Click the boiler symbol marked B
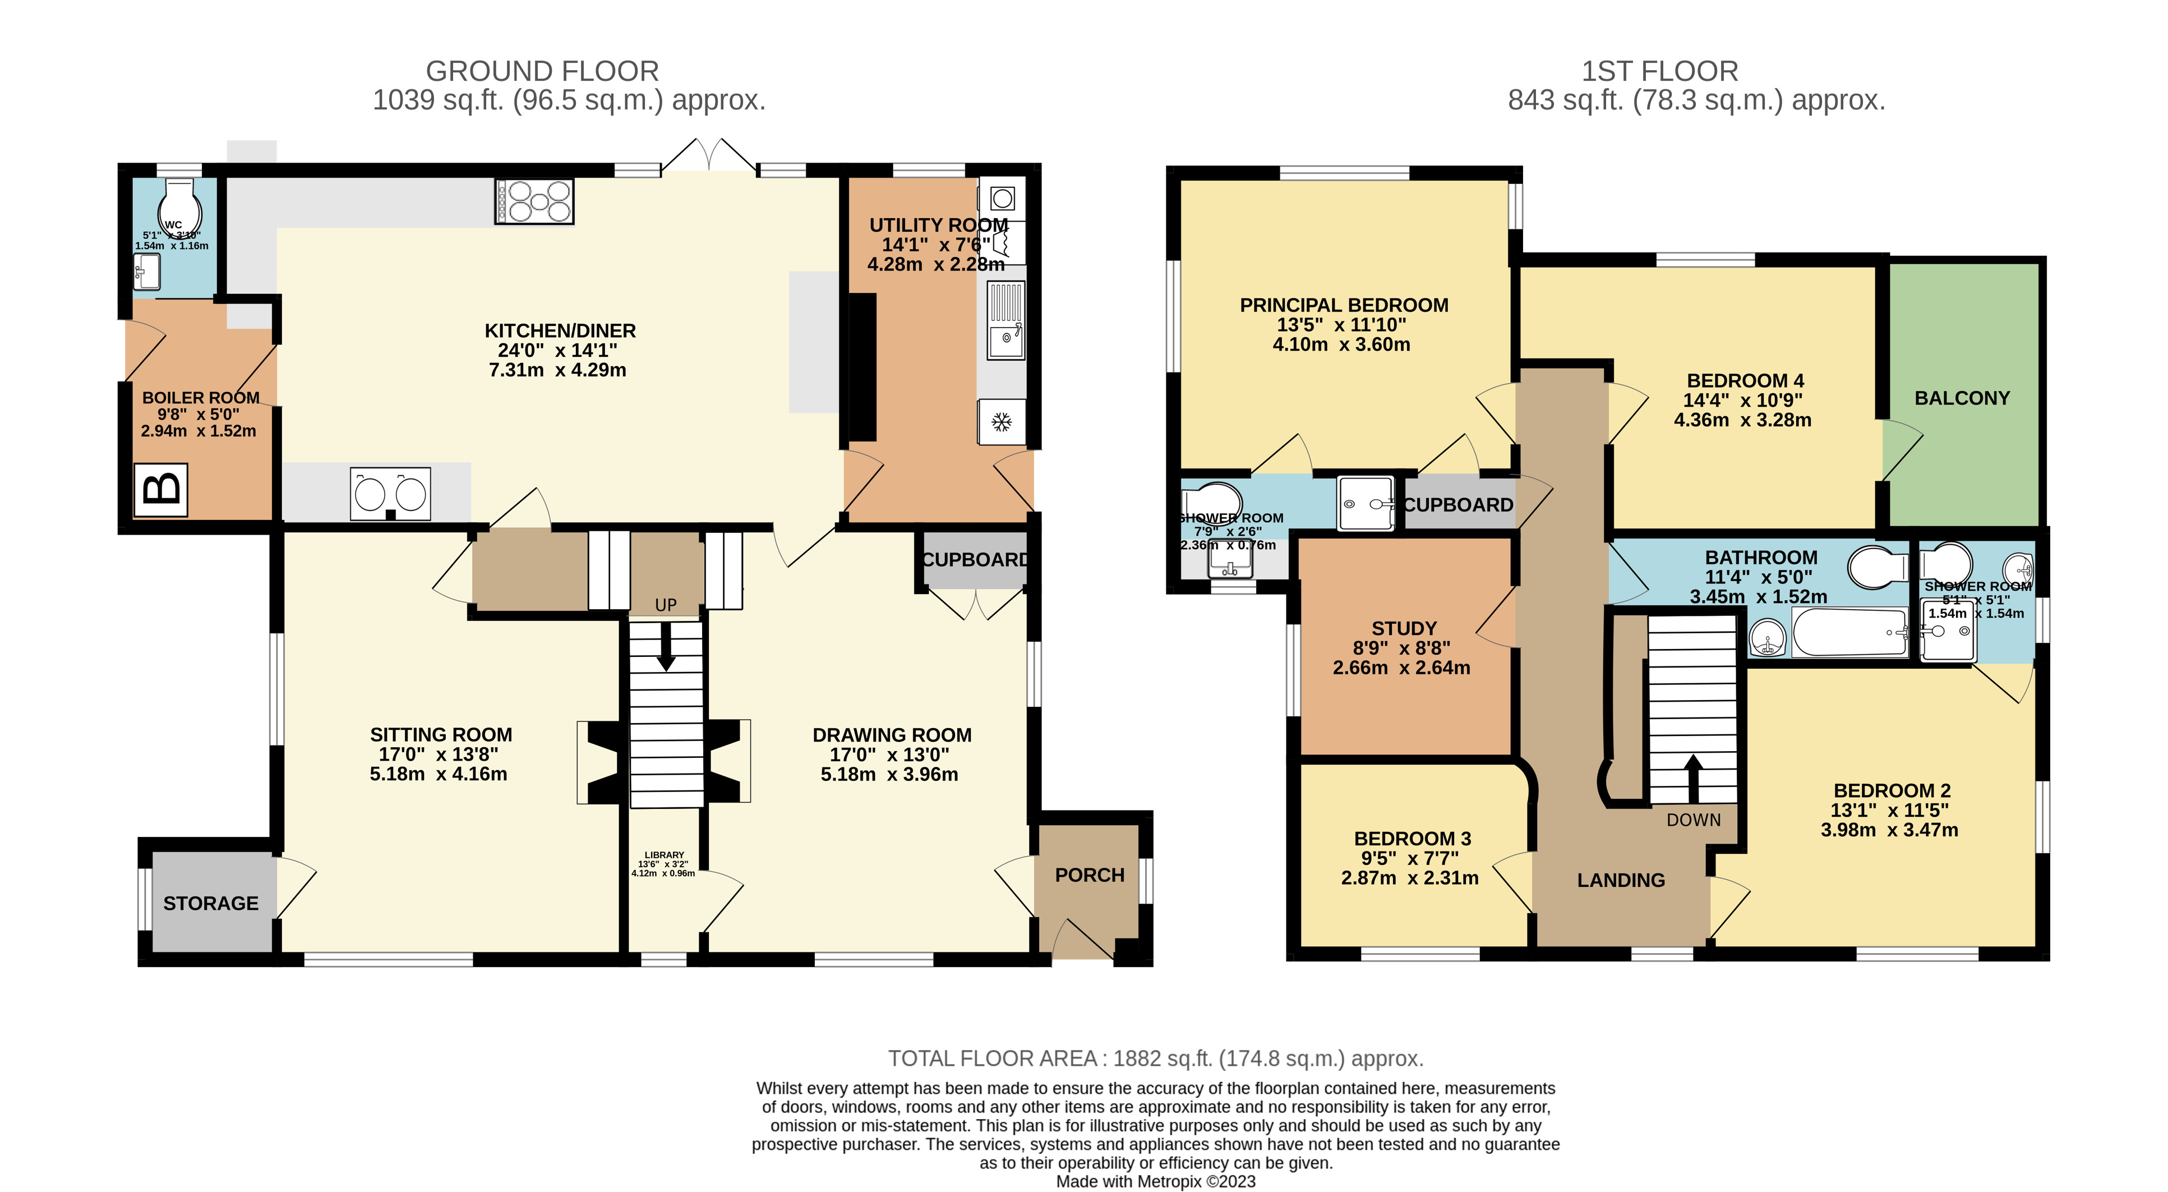point(161,489)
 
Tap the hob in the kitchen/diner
point(534,201)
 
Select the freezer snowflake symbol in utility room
point(1000,422)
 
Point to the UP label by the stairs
point(666,605)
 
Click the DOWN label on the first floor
point(1694,820)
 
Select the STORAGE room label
point(210,903)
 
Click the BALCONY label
point(1962,398)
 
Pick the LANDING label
point(1620,881)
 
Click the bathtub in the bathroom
point(1849,632)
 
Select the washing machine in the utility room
point(1002,199)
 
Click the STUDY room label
point(1404,629)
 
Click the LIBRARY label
point(664,855)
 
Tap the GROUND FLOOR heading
point(542,71)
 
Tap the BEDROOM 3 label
point(1412,839)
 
